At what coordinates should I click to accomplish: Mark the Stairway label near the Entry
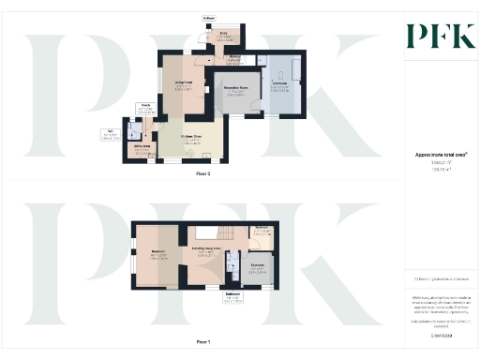click(237, 59)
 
